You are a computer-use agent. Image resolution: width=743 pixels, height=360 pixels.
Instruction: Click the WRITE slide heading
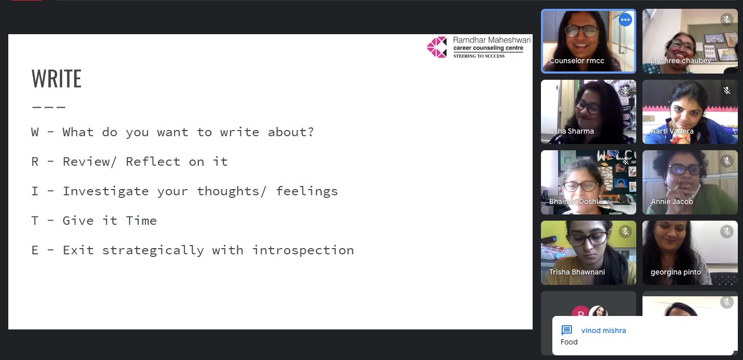pos(56,79)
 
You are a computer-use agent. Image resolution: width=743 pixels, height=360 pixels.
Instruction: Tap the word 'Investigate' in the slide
pos(106,191)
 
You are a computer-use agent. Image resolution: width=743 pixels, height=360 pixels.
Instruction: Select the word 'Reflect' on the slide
pos(153,162)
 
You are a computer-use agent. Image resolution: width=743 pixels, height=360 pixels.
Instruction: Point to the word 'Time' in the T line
pos(141,221)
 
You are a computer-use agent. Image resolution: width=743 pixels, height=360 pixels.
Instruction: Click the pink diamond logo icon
pos(437,47)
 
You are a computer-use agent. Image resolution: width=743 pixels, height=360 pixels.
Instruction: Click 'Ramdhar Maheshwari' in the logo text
pos(492,40)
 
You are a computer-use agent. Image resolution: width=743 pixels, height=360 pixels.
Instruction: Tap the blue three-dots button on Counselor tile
pos(625,20)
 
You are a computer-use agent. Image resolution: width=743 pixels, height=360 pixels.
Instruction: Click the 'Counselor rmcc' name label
pos(577,61)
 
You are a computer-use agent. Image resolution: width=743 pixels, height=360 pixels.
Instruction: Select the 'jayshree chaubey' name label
pos(681,61)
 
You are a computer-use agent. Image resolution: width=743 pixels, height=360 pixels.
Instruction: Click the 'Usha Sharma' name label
pos(571,131)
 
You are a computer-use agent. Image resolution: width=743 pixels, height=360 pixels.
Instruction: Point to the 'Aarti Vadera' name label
pos(672,131)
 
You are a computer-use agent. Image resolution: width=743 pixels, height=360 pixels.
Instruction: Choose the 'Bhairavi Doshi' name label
pos(574,201)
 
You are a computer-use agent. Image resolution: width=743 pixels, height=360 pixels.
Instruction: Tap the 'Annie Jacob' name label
pos(671,201)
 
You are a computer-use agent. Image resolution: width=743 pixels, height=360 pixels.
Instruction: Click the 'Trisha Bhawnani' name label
pos(577,272)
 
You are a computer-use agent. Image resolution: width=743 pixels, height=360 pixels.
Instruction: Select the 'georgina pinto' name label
pos(676,272)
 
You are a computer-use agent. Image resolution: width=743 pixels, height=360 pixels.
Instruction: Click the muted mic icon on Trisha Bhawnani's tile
pos(625,232)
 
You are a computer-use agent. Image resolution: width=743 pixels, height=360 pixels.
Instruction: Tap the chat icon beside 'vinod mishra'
pos(566,330)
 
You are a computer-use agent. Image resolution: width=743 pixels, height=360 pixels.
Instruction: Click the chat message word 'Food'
pos(569,342)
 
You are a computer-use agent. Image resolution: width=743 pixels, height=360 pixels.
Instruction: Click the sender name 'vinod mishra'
pos(603,330)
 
